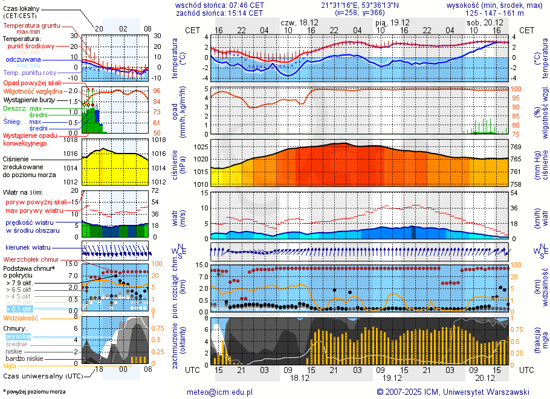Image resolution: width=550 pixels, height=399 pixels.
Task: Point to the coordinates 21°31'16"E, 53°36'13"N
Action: (360, 5)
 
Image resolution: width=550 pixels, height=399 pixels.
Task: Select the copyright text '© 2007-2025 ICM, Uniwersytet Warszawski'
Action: (453, 392)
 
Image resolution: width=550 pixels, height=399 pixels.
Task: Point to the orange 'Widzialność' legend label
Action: (21, 317)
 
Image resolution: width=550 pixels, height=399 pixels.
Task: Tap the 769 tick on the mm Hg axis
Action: (516, 147)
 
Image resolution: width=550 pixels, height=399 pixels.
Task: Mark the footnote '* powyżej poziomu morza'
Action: (34, 392)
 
